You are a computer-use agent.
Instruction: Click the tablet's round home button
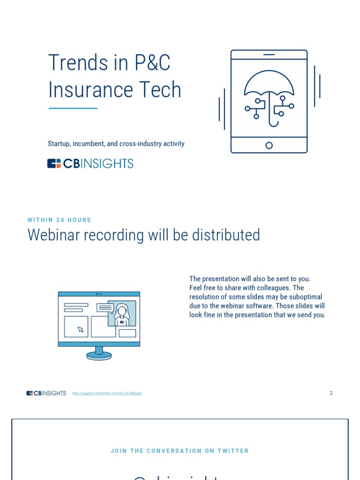[x=269, y=145]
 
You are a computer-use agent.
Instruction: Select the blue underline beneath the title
[x=73, y=108]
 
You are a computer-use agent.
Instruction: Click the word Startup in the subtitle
[x=59, y=144]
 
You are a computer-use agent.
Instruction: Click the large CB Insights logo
[x=90, y=164]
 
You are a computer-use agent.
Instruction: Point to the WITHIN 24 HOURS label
[x=60, y=220]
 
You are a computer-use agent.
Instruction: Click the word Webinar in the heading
[x=53, y=235]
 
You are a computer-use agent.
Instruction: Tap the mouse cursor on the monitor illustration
[x=81, y=330]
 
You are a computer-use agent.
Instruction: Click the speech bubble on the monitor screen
[x=105, y=308]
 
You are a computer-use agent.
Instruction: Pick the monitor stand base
[x=99, y=356]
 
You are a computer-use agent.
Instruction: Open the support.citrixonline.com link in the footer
[x=107, y=393]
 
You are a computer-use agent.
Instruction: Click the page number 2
[x=331, y=393]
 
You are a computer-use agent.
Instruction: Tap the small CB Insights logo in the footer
[x=46, y=393]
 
